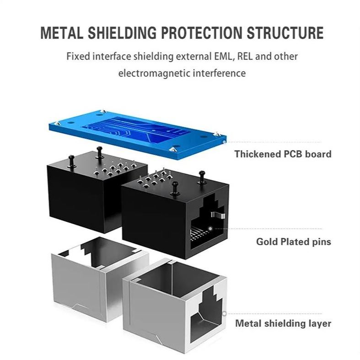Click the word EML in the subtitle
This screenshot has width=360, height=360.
click(x=219, y=57)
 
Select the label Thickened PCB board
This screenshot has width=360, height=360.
click(x=283, y=154)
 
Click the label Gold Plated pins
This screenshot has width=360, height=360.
click(x=293, y=241)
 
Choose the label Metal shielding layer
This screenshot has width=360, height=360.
click(x=283, y=323)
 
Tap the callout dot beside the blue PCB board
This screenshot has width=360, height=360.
click(x=223, y=142)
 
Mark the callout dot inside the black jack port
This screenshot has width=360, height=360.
click(x=210, y=228)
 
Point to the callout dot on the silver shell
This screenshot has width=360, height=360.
click(x=224, y=314)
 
